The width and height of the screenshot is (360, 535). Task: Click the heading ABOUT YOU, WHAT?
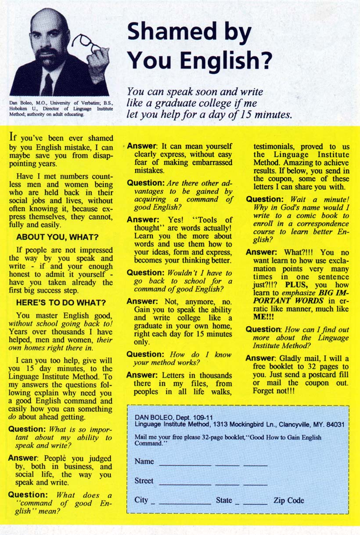57,237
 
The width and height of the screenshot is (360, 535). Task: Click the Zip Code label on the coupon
288,500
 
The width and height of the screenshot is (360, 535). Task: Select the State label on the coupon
224,500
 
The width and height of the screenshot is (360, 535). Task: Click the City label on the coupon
141,500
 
